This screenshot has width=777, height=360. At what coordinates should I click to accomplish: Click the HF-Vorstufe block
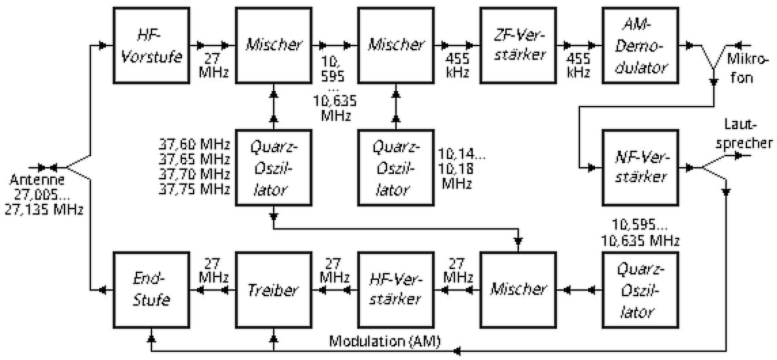tap(151, 46)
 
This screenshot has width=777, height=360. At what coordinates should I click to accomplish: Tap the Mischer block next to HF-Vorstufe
tap(273, 46)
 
